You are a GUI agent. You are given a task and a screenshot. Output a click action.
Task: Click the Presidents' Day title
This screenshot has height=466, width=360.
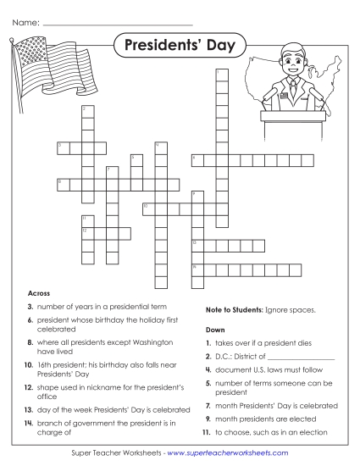pyautogui.click(x=180, y=44)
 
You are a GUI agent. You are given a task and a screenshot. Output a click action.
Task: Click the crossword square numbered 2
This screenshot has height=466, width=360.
pyautogui.click(x=87, y=111)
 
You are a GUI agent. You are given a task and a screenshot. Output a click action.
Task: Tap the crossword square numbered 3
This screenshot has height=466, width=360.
pyautogui.click(x=63, y=147)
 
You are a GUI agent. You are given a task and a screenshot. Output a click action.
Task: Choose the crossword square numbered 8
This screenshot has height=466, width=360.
pyautogui.click(x=63, y=183)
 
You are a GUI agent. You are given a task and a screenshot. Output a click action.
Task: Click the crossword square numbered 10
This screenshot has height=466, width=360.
pyautogui.click(x=148, y=207)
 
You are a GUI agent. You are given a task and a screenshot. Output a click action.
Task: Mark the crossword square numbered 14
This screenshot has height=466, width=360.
pyautogui.click(x=197, y=269)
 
